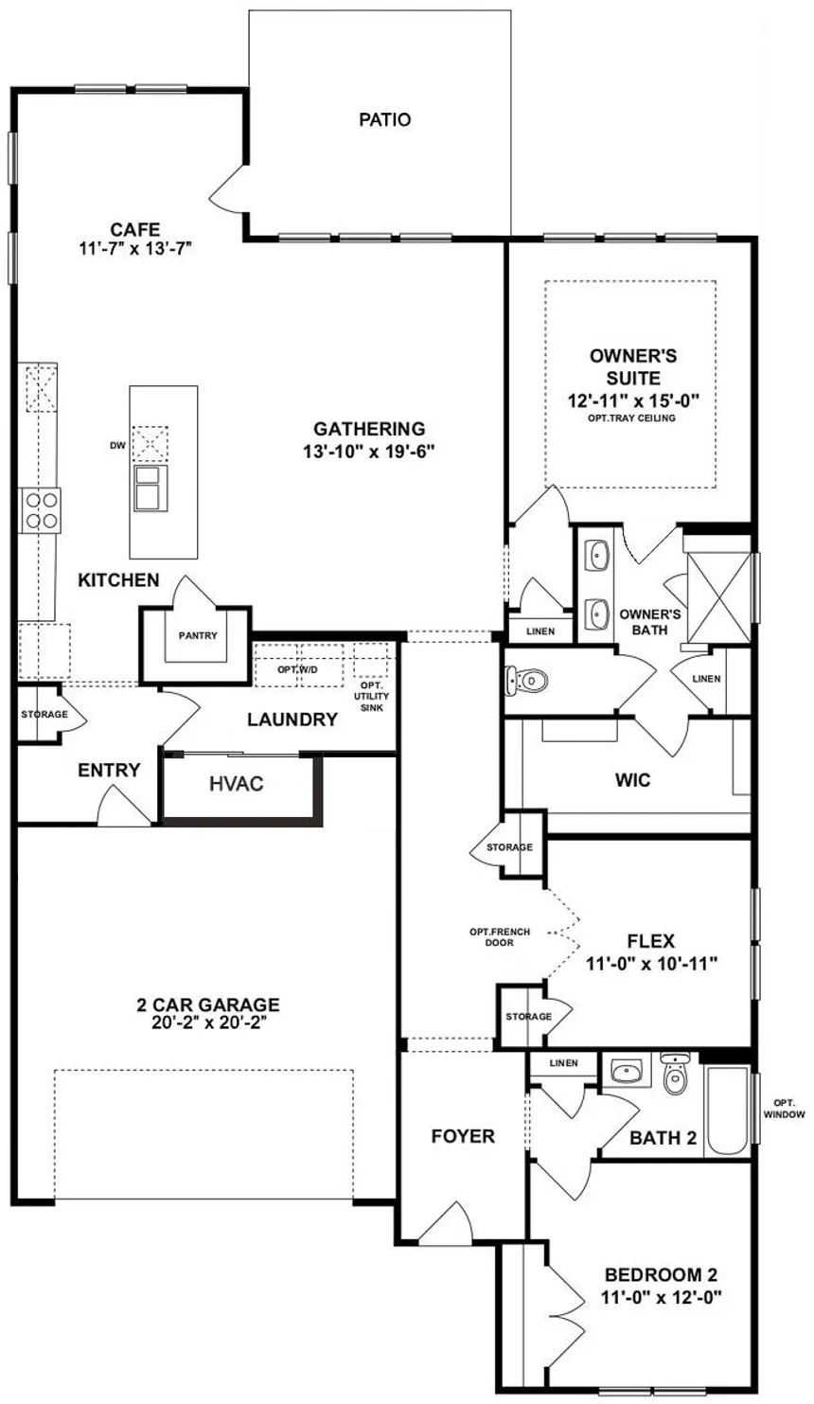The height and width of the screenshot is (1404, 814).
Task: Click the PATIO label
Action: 384,120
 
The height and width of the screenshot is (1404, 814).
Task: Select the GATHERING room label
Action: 369,429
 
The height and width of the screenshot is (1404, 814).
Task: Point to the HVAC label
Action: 236,784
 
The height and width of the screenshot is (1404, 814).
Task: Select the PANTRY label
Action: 198,635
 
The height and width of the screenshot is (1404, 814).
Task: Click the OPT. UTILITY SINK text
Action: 370,696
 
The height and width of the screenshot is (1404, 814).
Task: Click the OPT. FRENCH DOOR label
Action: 500,937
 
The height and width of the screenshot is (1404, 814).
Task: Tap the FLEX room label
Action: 650,941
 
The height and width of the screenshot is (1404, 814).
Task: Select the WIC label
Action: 632,781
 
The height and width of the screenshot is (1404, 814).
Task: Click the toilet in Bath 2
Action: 674,1076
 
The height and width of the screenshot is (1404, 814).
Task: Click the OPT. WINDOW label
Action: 783,1109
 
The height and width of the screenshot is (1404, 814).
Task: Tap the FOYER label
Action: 463,1136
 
